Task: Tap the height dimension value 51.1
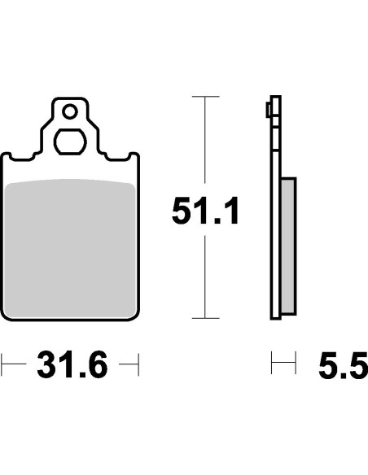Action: (204, 212)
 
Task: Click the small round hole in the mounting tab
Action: (71, 111)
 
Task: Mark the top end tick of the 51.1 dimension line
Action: (205, 97)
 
